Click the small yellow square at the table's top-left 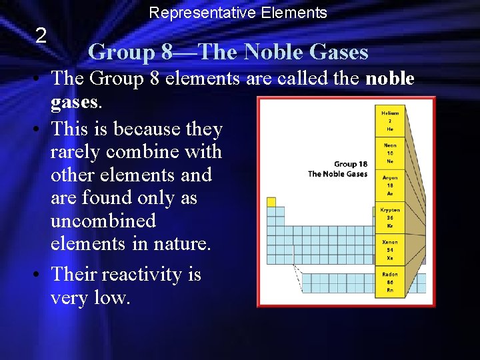pyautogui.click(x=271, y=201)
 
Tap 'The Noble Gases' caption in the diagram pyautogui.click(x=337, y=174)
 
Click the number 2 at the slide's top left pyautogui.click(x=41, y=36)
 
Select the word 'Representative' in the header pyautogui.click(x=193, y=13)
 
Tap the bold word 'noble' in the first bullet pyautogui.click(x=390, y=79)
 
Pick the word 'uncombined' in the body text pyautogui.click(x=103, y=221)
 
